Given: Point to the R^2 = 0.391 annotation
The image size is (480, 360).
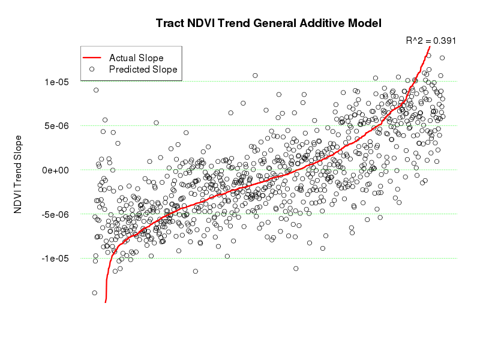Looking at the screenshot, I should point(431,41).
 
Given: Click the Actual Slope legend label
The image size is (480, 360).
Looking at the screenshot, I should point(136,58).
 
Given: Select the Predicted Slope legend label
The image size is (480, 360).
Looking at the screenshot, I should point(143,70).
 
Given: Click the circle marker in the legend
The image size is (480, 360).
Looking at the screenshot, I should point(92,70).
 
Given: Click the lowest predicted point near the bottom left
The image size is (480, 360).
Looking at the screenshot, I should point(94,293).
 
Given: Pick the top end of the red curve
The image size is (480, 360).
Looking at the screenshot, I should point(430,47).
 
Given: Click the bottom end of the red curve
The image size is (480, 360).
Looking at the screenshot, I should point(105,302).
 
